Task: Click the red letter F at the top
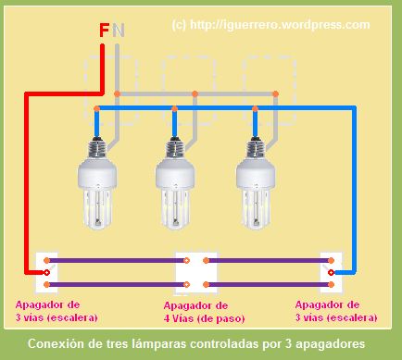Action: point(104,31)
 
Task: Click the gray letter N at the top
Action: point(118,31)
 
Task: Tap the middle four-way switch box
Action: point(189,271)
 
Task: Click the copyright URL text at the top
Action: point(270,26)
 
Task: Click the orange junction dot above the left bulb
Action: point(117,93)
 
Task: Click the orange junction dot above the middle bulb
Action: point(195,93)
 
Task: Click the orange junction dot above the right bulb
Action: point(274,93)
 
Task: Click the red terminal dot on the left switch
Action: point(44,273)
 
